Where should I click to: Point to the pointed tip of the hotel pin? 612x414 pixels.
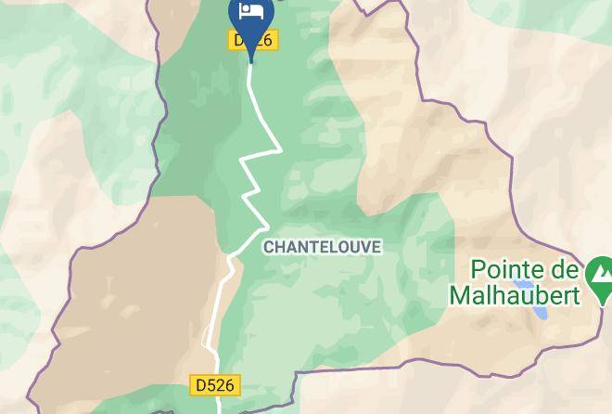[251, 61]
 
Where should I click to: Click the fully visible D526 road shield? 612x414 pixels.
[215, 383]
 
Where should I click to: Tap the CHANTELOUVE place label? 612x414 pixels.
[322, 247]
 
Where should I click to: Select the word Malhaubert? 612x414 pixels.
[515, 295]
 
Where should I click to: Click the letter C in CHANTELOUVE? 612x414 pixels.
[269, 247]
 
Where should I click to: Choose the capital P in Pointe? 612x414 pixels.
[478, 271]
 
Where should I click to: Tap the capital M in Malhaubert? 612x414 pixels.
[460, 295]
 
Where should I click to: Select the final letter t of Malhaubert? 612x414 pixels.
[576, 295]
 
